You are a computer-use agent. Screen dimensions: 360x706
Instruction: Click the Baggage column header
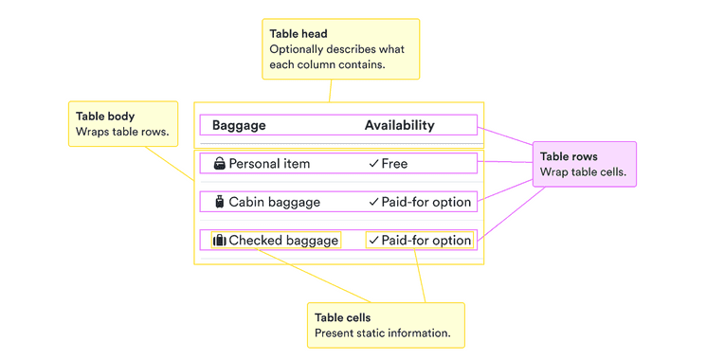pos(239,125)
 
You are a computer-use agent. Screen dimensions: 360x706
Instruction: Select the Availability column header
pos(399,125)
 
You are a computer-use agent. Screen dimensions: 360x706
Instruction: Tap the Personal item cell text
pos(269,164)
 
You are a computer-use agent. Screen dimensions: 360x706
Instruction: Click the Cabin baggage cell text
pos(274,202)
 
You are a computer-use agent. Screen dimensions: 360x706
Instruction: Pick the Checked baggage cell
pos(283,241)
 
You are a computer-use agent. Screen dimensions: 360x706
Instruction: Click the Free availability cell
pos(394,164)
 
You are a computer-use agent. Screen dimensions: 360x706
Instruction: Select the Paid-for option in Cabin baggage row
pos(425,202)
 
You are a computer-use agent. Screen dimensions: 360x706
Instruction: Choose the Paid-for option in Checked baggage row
pos(425,241)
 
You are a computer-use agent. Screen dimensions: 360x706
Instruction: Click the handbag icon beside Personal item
pos(220,164)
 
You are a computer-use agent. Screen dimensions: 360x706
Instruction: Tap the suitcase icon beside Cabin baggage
pos(220,202)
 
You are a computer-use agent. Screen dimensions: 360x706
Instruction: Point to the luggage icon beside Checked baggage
pos(220,241)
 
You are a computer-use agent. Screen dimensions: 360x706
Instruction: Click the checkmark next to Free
pos(374,164)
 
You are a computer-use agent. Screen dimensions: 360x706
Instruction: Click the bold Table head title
pos(298,34)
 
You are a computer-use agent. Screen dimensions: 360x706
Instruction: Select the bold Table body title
pos(105,117)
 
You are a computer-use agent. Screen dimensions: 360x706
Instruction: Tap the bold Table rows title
pos(569,157)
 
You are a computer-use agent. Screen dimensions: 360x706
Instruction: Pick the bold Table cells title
pos(342,318)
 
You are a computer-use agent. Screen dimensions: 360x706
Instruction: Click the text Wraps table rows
pos(122,132)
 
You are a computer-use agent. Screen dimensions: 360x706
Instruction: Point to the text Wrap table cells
pos(583,172)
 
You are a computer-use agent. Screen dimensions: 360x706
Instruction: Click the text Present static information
pos(382,333)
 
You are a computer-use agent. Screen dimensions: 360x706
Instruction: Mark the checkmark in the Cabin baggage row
pos(374,202)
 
